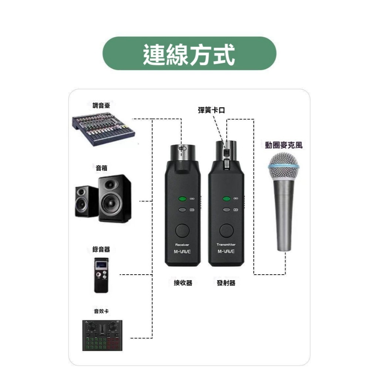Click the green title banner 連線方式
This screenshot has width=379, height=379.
[x=189, y=53]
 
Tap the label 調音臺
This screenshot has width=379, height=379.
[x=101, y=105]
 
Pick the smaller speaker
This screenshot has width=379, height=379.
[x=87, y=201]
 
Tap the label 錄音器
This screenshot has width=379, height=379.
[x=101, y=249]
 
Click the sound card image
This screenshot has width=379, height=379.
[x=102, y=335]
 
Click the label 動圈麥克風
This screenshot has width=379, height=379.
[x=284, y=145]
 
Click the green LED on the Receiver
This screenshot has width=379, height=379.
[x=181, y=199]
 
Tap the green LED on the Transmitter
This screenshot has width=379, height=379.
[x=226, y=199]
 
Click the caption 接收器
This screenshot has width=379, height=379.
[x=183, y=283]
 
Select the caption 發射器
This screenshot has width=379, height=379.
[x=226, y=283]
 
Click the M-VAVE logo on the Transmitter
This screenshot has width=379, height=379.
[x=226, y=252]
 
